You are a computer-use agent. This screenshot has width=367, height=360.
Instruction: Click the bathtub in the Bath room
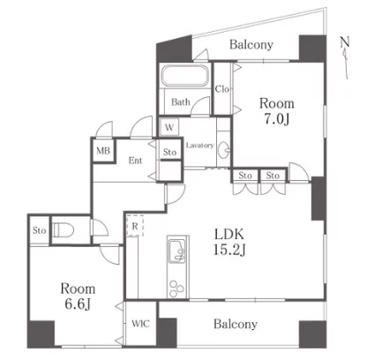[185, 76]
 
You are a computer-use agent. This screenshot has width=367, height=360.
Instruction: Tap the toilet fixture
[64, 230]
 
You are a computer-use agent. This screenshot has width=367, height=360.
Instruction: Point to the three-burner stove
[177, 289]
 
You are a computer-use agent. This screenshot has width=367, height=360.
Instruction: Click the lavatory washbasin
[225, 149]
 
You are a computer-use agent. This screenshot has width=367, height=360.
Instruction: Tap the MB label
[103, 151]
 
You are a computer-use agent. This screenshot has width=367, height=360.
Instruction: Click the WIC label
[141, 324]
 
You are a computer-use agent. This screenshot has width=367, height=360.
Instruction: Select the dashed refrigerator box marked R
[135, 226]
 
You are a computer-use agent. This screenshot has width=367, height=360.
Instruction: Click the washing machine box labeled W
[169, 128]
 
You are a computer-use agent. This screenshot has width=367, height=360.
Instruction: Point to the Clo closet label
[222, 89]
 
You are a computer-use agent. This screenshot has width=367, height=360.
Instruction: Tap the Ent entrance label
[135, 161]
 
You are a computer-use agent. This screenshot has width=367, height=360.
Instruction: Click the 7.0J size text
[277, 119]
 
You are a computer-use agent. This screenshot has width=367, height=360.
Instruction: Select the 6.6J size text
[78, 304]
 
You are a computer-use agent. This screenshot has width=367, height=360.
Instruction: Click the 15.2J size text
[229, 250]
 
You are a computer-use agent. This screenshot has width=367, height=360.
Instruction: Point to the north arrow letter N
[345, 41]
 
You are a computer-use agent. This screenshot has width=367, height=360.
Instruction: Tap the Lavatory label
[199, 146]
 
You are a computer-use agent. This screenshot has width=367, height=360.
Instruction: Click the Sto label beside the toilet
[40, 230]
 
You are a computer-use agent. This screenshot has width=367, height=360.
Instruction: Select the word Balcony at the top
[251, 45]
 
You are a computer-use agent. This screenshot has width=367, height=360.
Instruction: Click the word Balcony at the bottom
[236, 324]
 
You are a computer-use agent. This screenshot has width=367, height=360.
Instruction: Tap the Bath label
[181, 102]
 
